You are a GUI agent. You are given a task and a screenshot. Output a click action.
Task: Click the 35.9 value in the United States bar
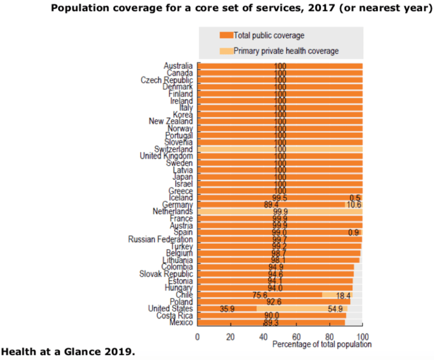pyautogui.click(x=228, y=309)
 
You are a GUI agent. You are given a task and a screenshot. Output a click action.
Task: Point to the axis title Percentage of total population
pyautogui.click(x=322, y=344)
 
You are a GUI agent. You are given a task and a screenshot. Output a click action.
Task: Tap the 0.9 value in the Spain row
pyautogui.click(x=354, y=232)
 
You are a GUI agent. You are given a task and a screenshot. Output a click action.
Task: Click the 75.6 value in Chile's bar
pyautogui.click(x=260, y=296)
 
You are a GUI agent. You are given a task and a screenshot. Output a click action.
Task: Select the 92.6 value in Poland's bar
pyautogui.click(x=280, y=301)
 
